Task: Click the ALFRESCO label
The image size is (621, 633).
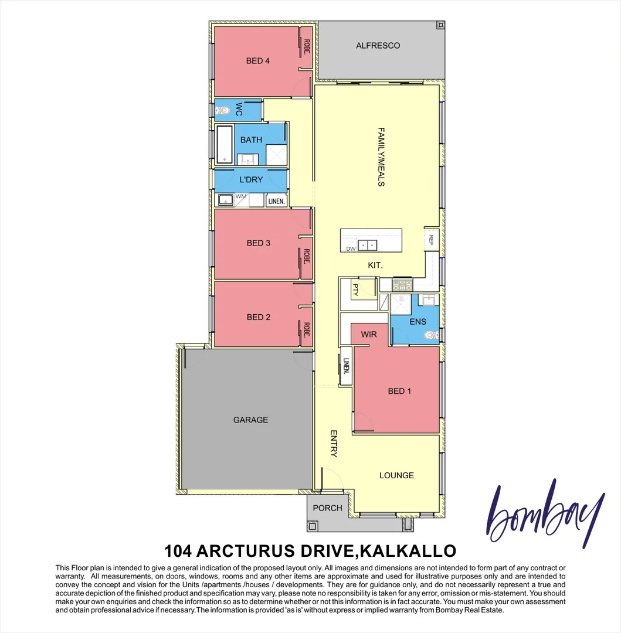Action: point(378,45)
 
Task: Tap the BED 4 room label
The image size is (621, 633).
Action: point(257,60)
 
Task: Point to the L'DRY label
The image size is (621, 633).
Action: point(251,179)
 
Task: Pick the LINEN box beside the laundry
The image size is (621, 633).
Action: point(276,201)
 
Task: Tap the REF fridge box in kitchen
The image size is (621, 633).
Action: point(431,239)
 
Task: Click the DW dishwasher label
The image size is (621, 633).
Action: point(351,249)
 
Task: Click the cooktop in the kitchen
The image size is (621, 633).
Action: point(403,285)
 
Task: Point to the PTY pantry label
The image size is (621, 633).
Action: point(355,288)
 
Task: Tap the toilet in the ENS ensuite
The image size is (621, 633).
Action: point(432,336)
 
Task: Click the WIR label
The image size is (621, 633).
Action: point(369,334)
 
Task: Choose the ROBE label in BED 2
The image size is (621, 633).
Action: point(306,330)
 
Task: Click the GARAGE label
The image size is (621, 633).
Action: point(250,420)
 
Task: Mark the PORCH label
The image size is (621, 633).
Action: point(327,508)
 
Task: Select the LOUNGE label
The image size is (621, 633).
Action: point(396,475)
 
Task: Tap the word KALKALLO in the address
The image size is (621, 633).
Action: point(407,551)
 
